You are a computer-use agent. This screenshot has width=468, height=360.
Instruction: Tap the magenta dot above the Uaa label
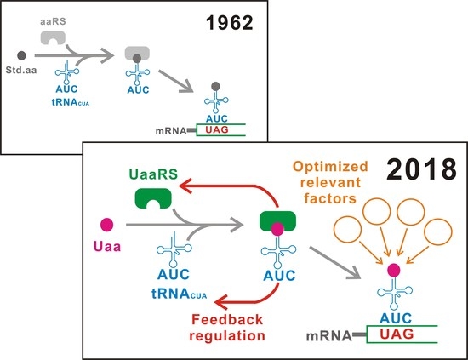[107, 227]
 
